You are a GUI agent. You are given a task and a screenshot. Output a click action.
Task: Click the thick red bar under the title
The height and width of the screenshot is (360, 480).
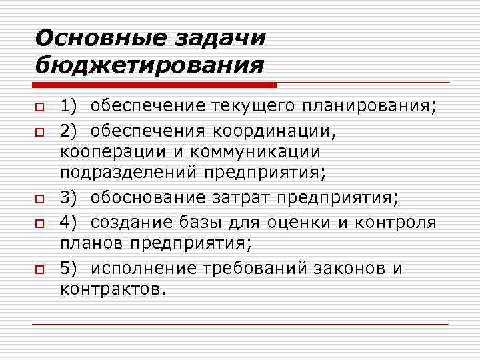pyautogui.click(x=155, y=85)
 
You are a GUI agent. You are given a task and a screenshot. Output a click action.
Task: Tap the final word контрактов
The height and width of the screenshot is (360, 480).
pyautogui.click(x=111, y=291)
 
